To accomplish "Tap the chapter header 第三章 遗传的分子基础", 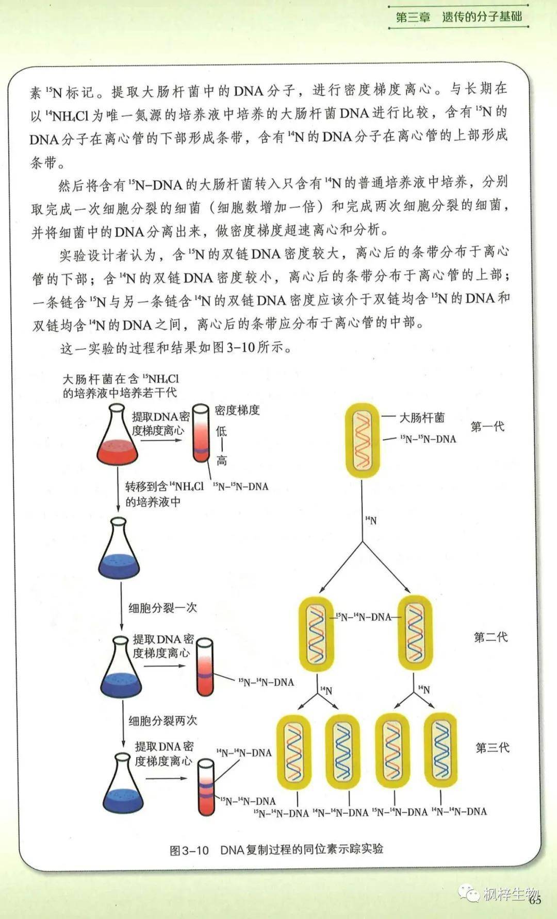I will (458, 16).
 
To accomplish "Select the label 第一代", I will (487, 427).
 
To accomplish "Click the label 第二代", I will (490, 637).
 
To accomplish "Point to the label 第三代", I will (492, 747).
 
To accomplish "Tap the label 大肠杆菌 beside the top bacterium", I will (422, 418).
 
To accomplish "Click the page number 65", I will (534, 899).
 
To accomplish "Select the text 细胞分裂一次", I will (162, 608).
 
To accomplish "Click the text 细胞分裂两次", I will (162, 721).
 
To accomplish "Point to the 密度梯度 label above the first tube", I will (237, 411).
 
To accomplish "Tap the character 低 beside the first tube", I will (221, 431).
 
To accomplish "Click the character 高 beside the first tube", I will (221, 460).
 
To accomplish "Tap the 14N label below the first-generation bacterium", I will (371, 521).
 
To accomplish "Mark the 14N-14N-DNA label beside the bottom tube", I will (243, 753).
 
